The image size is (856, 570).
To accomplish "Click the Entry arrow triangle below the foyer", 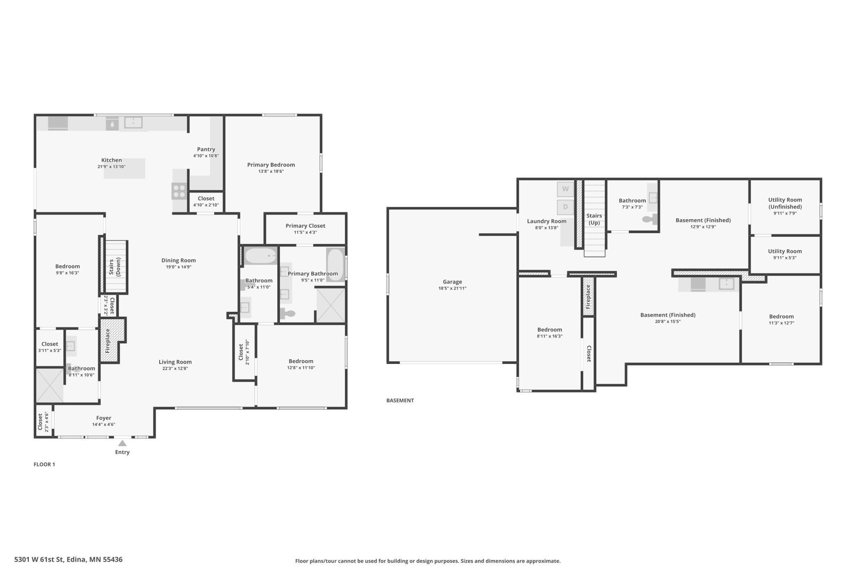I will pos(122,443).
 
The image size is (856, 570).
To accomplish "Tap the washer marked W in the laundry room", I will pos(565,189).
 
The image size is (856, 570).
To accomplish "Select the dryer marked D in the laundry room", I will pos(565,207).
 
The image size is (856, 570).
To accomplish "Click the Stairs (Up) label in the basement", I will pos(594,219).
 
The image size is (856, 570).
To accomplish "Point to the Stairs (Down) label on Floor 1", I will pos(114,267).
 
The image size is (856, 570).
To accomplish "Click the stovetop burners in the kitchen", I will pos(179,191).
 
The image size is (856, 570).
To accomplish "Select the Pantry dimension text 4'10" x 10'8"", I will pos(206,156).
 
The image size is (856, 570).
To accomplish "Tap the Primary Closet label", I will pos(305,226).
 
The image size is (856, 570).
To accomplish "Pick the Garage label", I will pos(452,282).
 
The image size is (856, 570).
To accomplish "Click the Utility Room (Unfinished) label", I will pos(785,203).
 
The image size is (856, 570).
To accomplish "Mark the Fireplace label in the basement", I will pos(588,297).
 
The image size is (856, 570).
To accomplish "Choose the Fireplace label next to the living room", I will pos(108,341).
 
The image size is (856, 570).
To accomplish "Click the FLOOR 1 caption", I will pos(44,464).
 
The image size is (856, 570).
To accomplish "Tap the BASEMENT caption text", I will pos(400,400).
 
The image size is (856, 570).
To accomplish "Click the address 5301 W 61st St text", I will pos(68,559).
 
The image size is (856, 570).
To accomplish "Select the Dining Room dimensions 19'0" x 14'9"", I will pos(179,267).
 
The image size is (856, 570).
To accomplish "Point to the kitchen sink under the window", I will pos(133,122).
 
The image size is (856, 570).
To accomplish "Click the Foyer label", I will pos(104,418).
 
